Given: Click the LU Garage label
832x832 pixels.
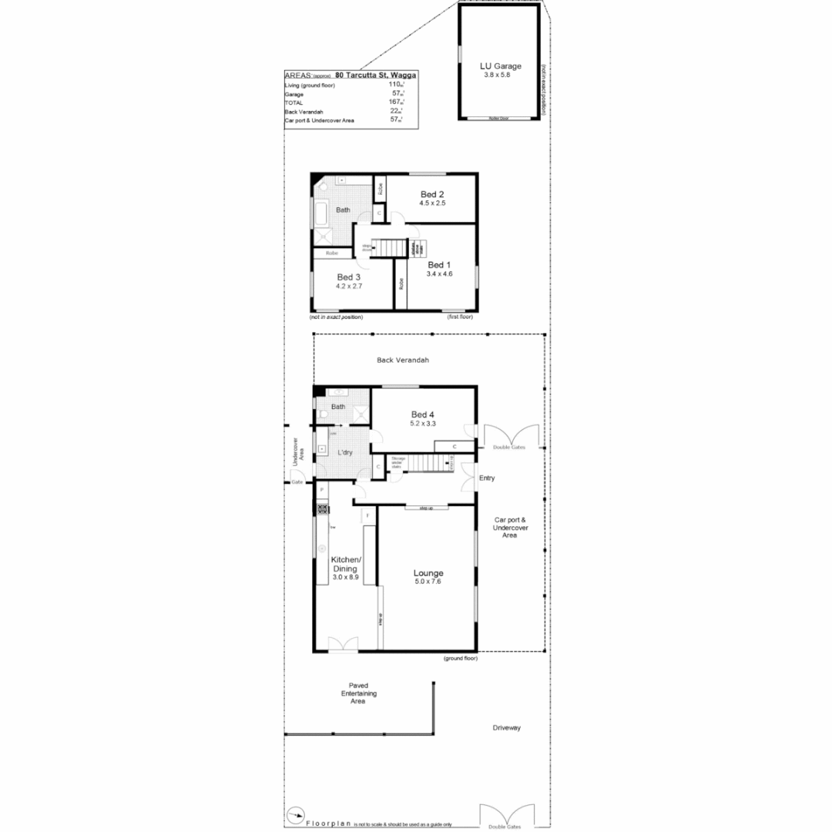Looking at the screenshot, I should click(x=497, y=67).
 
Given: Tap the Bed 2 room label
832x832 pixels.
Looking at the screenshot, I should click(x=432, y=194).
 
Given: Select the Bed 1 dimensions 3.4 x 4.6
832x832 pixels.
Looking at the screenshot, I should click(x=439, y=273).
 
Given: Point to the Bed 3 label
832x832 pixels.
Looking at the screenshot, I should click(x=349, y=277).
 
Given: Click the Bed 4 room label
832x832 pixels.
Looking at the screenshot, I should click(x=423, y=414).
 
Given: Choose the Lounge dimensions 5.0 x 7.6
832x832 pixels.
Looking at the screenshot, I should click(x=428, y=582).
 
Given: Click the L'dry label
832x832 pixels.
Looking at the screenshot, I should click(x=345, y=452).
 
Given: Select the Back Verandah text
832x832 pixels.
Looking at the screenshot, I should click(x=402, y=360).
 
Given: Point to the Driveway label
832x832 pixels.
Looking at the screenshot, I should click(x=507, y=727).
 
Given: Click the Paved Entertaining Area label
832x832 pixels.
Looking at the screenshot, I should click(x=357, y=693).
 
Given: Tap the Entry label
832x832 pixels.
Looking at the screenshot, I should click(x=487, y=478).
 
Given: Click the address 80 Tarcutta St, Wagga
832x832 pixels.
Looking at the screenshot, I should click(x=376, y=75).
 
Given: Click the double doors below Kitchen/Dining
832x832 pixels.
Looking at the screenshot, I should click(x=343, y=644).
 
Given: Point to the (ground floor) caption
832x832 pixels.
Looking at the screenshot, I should click(x=461, y=659).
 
